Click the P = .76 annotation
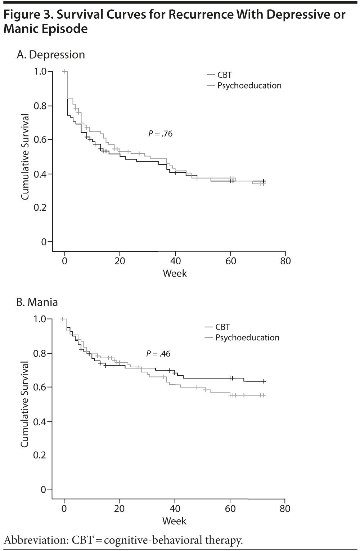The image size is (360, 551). pos(161,134)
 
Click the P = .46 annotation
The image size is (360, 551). pos(158,354)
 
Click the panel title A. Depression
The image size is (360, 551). pos(51,55)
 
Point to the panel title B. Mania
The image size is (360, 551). pos(37,302)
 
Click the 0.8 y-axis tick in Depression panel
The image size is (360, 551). pos(40,106)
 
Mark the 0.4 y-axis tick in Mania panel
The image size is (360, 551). pos(40,422)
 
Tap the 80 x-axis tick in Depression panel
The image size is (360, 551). pos(285,261)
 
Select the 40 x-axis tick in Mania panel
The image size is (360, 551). pos(175,509)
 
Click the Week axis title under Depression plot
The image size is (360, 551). pos(175,273)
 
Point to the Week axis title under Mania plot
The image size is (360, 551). pos(174,521)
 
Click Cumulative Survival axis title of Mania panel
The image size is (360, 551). pos(24,404)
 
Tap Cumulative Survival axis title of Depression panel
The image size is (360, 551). pos(25,157)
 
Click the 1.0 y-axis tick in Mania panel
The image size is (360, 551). pos(40,319)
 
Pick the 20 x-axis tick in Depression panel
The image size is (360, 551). pos(120,261)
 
